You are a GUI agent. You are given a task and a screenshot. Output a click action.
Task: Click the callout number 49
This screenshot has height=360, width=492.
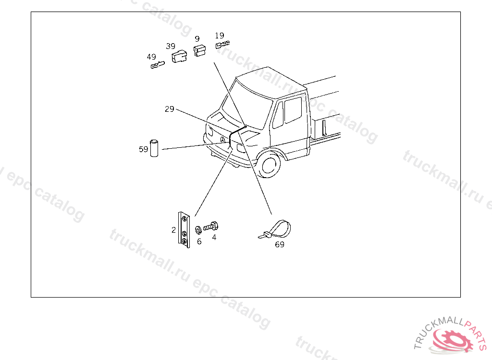coord(151,57)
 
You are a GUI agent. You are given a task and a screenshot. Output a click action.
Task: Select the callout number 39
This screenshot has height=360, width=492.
coord(171,46)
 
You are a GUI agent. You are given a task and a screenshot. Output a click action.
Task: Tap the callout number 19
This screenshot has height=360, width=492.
coord(220,36)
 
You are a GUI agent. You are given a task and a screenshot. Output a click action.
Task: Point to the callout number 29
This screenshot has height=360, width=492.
coord(170,109)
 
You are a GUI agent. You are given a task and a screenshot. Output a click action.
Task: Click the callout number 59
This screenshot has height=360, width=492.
coord(143,149)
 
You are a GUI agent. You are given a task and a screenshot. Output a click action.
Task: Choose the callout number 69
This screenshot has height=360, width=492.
coord(280,244)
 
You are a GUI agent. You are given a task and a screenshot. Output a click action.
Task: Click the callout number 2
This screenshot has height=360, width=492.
coord(173,230)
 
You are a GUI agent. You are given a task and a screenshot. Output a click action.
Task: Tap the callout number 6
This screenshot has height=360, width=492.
coord(199,241)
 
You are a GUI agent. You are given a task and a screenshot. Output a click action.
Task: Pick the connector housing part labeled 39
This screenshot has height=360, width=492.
coord(179,56)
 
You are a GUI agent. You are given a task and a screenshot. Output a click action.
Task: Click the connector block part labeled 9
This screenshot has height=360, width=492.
coord(200,50)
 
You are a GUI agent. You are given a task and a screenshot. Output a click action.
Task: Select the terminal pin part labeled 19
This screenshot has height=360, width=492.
coord(222,45)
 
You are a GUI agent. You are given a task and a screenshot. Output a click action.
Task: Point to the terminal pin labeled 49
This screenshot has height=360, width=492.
coord(158,65)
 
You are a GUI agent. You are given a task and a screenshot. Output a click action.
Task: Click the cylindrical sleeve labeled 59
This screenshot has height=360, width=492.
coord(154,148)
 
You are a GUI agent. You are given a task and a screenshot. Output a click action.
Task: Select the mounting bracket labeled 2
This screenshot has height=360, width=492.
coord(184,230)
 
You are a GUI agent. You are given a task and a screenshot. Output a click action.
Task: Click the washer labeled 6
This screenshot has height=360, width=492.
coord(198,230)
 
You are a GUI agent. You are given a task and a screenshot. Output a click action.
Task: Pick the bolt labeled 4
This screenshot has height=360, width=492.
coord(210,226)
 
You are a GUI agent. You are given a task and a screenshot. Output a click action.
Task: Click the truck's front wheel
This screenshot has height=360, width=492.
coord(269,164)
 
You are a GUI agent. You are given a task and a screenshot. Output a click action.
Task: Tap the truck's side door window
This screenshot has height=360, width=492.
coord(293,110)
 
